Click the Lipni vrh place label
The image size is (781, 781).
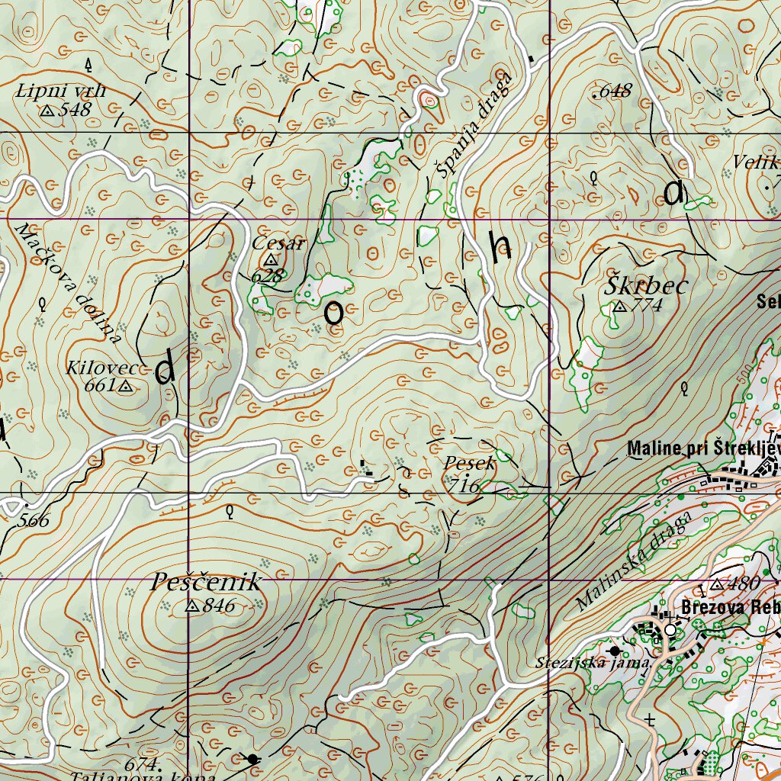[60, 92]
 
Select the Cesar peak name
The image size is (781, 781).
[278, 244]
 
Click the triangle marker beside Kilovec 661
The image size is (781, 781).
[126, 387]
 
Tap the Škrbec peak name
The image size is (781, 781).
[647, 286]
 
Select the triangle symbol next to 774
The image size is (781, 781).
[619, 307]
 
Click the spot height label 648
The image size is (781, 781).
[613, 92]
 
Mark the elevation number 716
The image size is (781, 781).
[464, 486]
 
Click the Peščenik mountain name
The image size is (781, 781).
[205, 583]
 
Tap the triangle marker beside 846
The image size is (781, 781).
[192, 607]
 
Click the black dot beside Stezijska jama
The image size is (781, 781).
[615, 651]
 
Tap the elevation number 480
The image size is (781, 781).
[743, 585]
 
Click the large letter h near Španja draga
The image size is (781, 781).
[501, 246]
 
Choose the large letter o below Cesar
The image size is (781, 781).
[333, 312]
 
